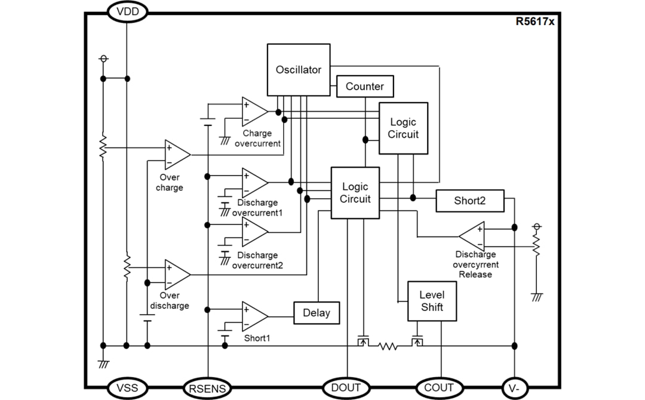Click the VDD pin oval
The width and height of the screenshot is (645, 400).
127,11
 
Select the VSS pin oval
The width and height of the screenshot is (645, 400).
127,387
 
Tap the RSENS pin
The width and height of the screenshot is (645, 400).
207,389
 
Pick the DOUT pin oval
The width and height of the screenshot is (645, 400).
346,387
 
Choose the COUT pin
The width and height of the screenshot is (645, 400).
439,387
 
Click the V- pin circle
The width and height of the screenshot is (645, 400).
514,388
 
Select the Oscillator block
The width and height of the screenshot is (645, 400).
299,69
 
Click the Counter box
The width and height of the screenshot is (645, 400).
365,86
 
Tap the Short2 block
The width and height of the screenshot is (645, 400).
470,201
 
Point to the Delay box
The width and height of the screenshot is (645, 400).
317,313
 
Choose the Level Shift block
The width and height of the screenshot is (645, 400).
432,301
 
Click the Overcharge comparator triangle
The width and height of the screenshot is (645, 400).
176,155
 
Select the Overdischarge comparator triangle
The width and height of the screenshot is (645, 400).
176,274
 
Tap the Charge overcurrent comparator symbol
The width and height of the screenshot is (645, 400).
253,112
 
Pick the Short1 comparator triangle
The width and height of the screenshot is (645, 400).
253,316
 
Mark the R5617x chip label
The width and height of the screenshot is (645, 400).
535,21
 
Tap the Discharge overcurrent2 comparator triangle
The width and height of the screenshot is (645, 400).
253,232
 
